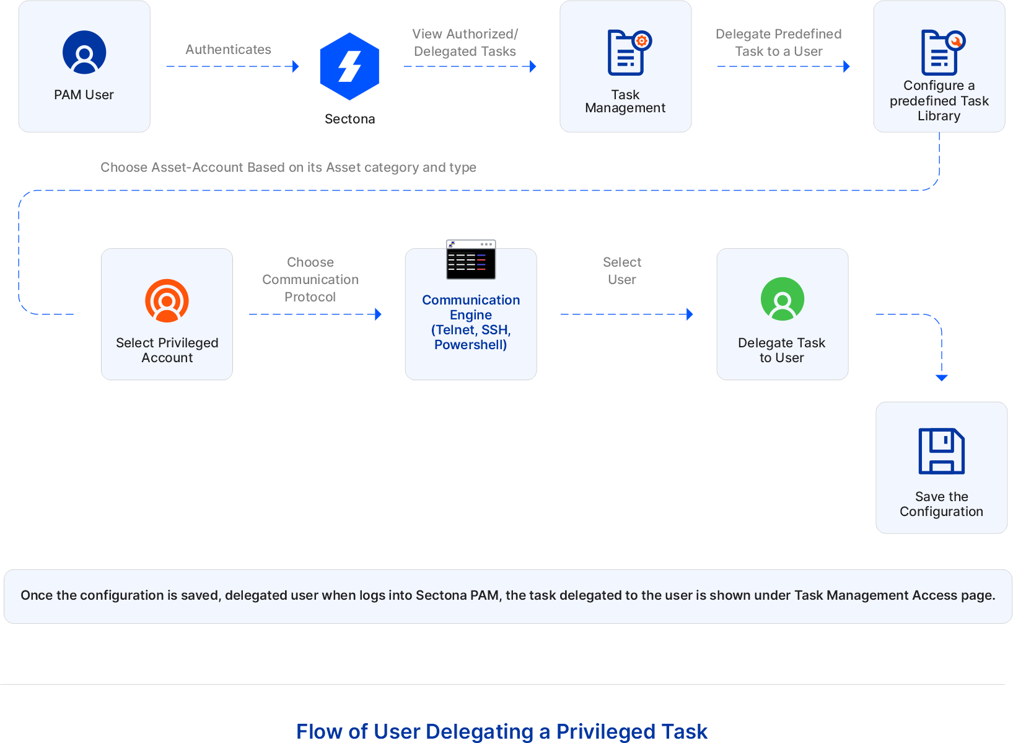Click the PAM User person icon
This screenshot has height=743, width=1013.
tap(84, 52)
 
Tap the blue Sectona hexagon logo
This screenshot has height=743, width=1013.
tap(349, 66)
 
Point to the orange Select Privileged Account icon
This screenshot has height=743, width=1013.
tap(167, 301)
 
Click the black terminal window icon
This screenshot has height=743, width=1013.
tap(471, 260)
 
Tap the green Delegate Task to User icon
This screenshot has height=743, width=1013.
tap(783, 299)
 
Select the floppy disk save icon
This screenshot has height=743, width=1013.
tap(941, 451)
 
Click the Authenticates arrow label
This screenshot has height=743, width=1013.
tap(228, 50)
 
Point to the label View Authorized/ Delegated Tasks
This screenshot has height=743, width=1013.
tap(465, 43)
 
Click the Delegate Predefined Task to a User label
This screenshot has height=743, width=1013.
tap(778, 43)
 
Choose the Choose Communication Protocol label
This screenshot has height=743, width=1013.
tap(310, 280)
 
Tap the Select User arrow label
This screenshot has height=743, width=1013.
tap(621, 271)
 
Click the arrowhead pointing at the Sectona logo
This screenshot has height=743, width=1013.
tap(296, 66)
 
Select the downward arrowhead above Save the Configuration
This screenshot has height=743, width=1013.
tap(942, 378)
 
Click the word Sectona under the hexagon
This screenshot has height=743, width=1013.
tap(349, 119)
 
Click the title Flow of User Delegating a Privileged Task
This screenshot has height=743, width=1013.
tap(501, 731)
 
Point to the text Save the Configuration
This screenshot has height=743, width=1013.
tap(941, 504)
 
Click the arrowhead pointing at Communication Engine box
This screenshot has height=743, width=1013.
tap(379, 314)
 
